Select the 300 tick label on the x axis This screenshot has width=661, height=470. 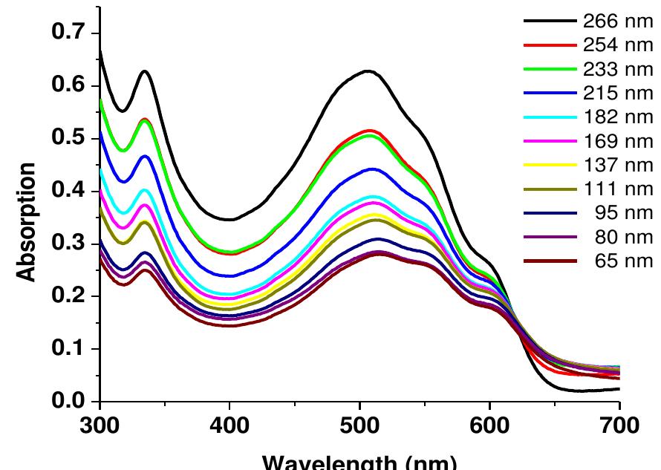tap(100, 428)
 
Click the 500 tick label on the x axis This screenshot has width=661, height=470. tap(359, 428)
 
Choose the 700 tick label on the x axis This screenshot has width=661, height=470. tap(619, 428)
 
